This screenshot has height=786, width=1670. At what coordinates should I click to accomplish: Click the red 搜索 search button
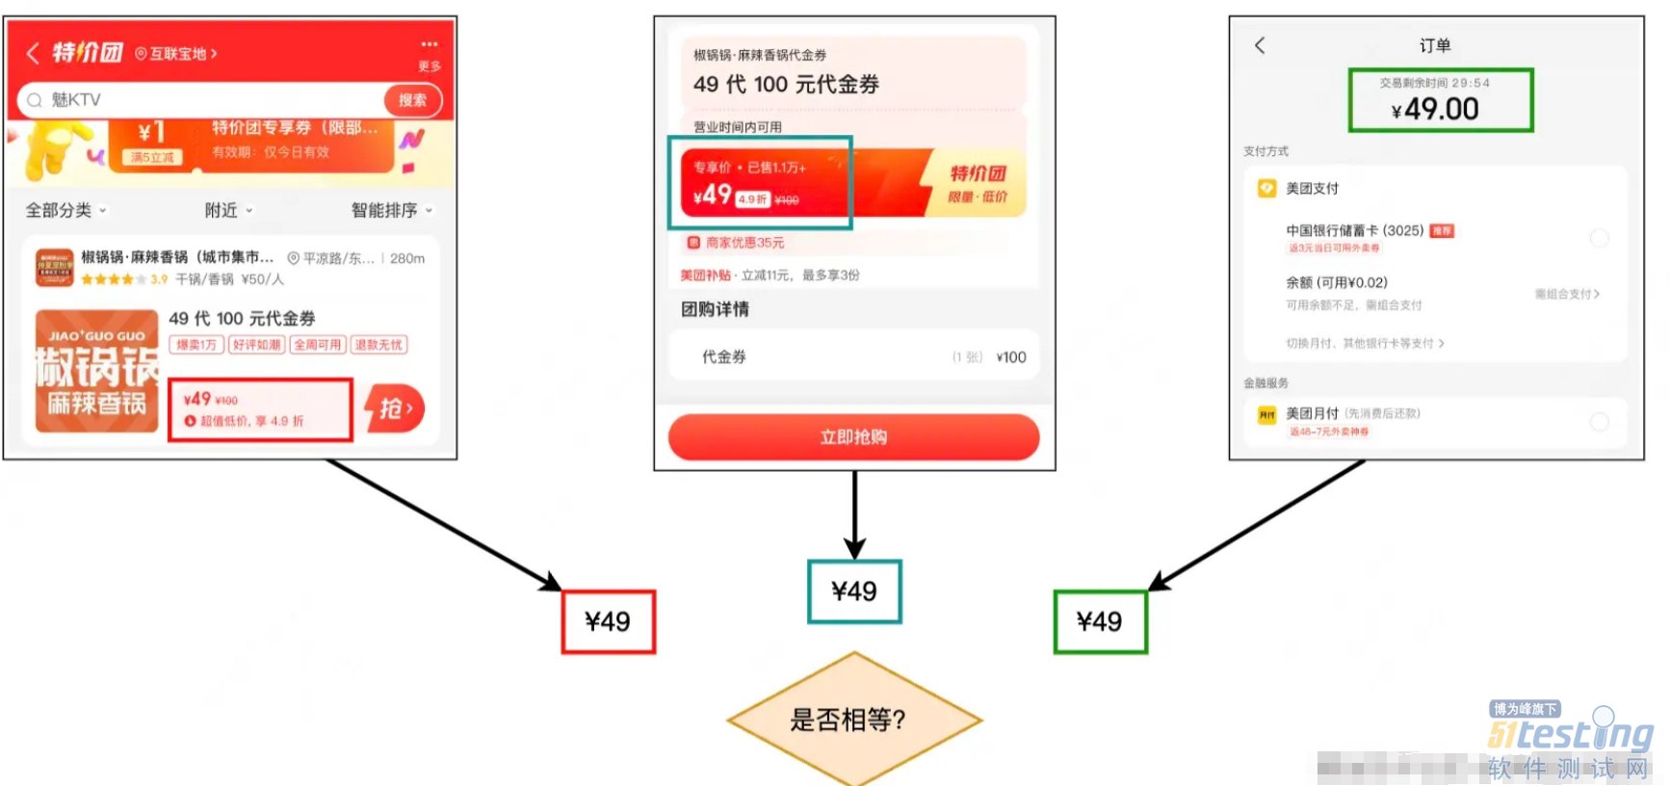coord(412,100)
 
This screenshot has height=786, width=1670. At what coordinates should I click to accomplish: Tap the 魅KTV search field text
coord(76,100)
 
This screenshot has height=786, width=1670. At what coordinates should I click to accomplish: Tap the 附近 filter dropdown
coord(228,210)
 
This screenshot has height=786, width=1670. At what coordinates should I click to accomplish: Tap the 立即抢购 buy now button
coord(853,437)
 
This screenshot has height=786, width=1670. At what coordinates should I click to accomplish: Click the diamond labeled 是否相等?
coord(853,720)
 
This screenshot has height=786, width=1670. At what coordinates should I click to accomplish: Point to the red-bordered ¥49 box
coord(609,622)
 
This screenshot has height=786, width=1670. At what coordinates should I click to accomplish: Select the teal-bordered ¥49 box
coord(854,591)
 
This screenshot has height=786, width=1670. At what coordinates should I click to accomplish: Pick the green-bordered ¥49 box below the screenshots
coord(1100,622)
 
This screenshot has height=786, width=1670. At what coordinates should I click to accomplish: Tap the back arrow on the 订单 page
coord(1260,45)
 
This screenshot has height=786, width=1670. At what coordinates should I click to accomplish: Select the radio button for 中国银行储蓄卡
coord(1599,238)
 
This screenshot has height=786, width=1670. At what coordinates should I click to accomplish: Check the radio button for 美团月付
coord(1599,421)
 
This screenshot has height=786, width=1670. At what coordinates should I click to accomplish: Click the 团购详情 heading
coord(715,309)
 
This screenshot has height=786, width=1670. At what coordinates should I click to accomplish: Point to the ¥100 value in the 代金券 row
coord(1011,357)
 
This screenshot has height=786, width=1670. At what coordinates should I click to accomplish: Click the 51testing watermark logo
coord(1570,736)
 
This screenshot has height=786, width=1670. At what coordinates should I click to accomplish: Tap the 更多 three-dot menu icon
coord(430,45)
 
